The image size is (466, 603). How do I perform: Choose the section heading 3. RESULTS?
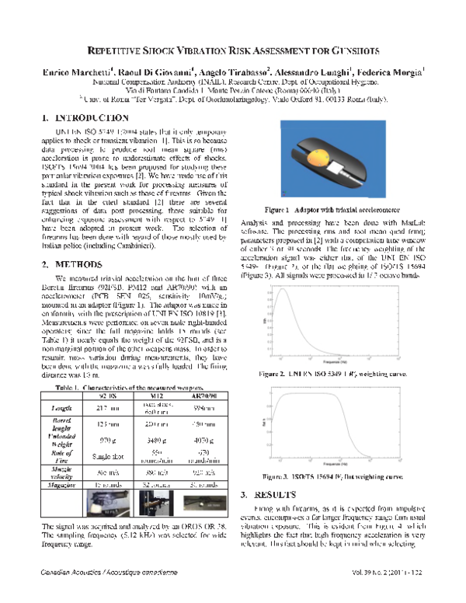(x=270, y=494)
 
